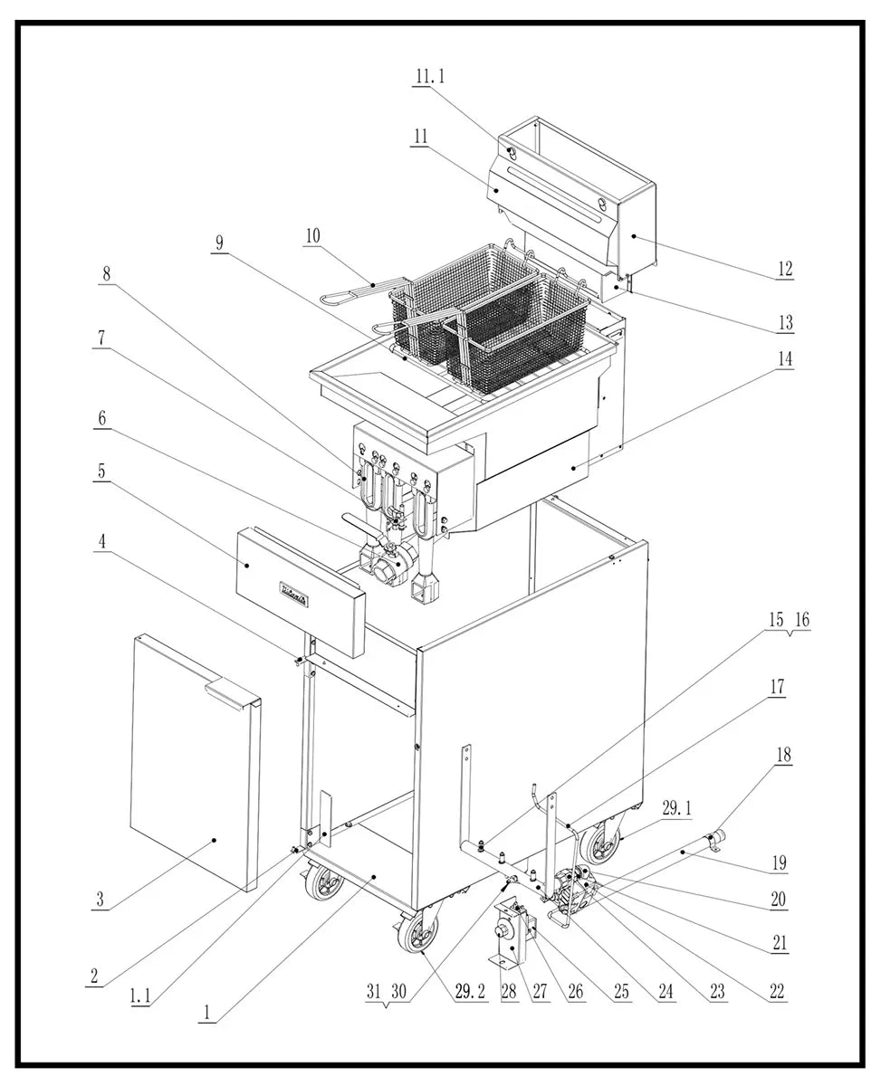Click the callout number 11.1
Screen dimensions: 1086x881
point(430,77)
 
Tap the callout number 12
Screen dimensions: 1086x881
point(784,269)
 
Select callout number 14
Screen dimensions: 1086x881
point(784,358)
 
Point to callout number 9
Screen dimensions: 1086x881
point(219,243)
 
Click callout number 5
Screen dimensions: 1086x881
point(102,471)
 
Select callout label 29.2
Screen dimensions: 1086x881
point(471,992)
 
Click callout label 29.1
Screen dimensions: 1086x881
point(676,808)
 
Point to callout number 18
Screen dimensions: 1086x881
point(783,756)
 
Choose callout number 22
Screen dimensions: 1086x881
point(777,992)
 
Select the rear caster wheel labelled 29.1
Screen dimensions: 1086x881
point(599,846)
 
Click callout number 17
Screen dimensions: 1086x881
point(777,688)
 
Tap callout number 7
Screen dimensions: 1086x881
point(101,338)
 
